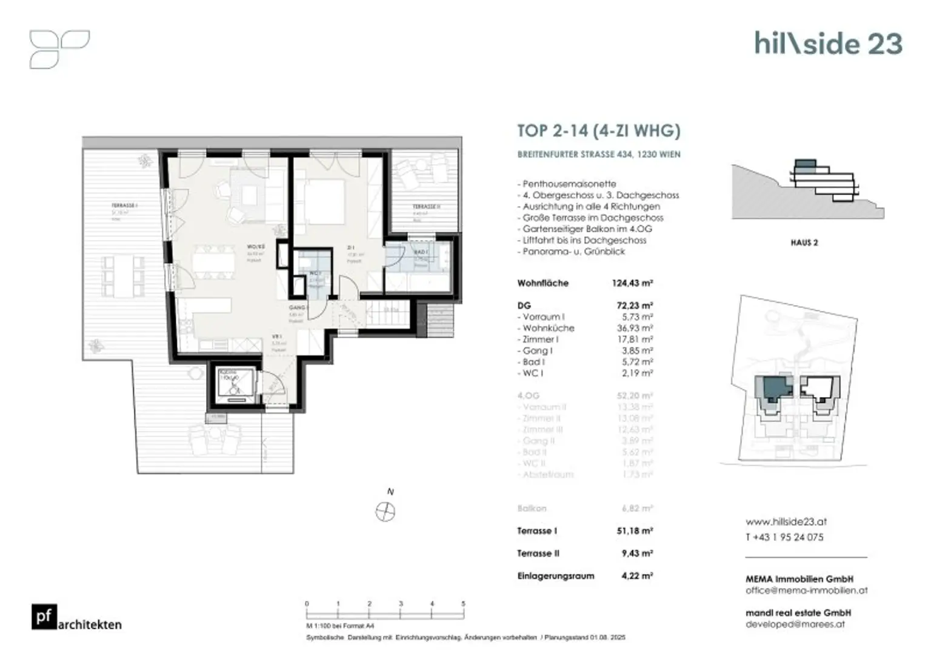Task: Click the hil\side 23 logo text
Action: (x=828, y=44)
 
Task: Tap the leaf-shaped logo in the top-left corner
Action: (x=59, y=49)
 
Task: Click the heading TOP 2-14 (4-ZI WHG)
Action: (x=598, y=131)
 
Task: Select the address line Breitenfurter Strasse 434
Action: (x=598, y=155)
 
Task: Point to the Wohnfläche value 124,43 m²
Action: (x=632, y=283)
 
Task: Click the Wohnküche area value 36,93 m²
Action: (x=635, y=328)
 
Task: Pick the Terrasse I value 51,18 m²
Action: (x=635, y=531)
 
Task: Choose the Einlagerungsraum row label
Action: (x=555, y=576)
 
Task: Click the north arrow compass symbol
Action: (x=385, y=512)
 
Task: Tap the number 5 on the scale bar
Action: (x=463, y=604)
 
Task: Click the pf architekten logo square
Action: (x=44, y=617)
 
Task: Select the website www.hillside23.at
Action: (x=786, y=521)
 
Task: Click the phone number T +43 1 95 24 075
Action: (x=784, y=537)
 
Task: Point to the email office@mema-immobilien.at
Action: (x=806, y=590)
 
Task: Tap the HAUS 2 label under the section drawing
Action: (x=804, y=243)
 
